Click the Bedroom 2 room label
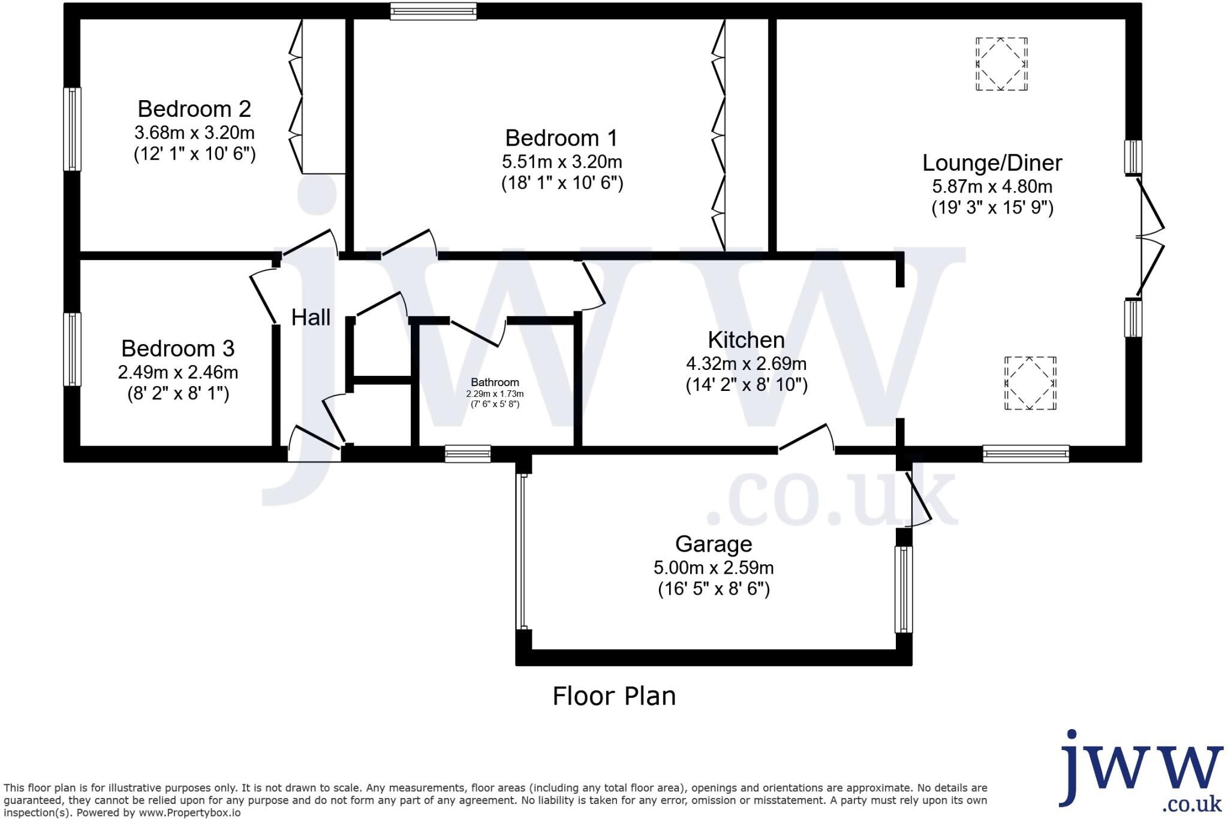(x=194, y=109)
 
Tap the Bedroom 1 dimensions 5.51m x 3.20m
(x=562, y=162)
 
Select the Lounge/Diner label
(x=992, y=163)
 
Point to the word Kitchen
(x=746, y=341)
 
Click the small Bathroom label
(x=495, y=383)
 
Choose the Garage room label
(x=714, y=544)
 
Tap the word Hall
(x=311, y=318)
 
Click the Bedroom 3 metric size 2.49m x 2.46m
(x=178, y=373)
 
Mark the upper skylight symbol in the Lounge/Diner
(x=1001, y=64)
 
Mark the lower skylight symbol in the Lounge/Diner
(x=1030, y=383)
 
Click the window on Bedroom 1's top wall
(x=433, y=11)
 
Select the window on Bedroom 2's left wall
(x=72, y=129)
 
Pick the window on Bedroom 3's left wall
(x=72, y=349)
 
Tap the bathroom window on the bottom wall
(x=468, y=454)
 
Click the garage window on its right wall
(x=904, y=589)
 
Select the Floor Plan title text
(x=614, y=696)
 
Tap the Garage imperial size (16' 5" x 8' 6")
(x=714, y=589)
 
